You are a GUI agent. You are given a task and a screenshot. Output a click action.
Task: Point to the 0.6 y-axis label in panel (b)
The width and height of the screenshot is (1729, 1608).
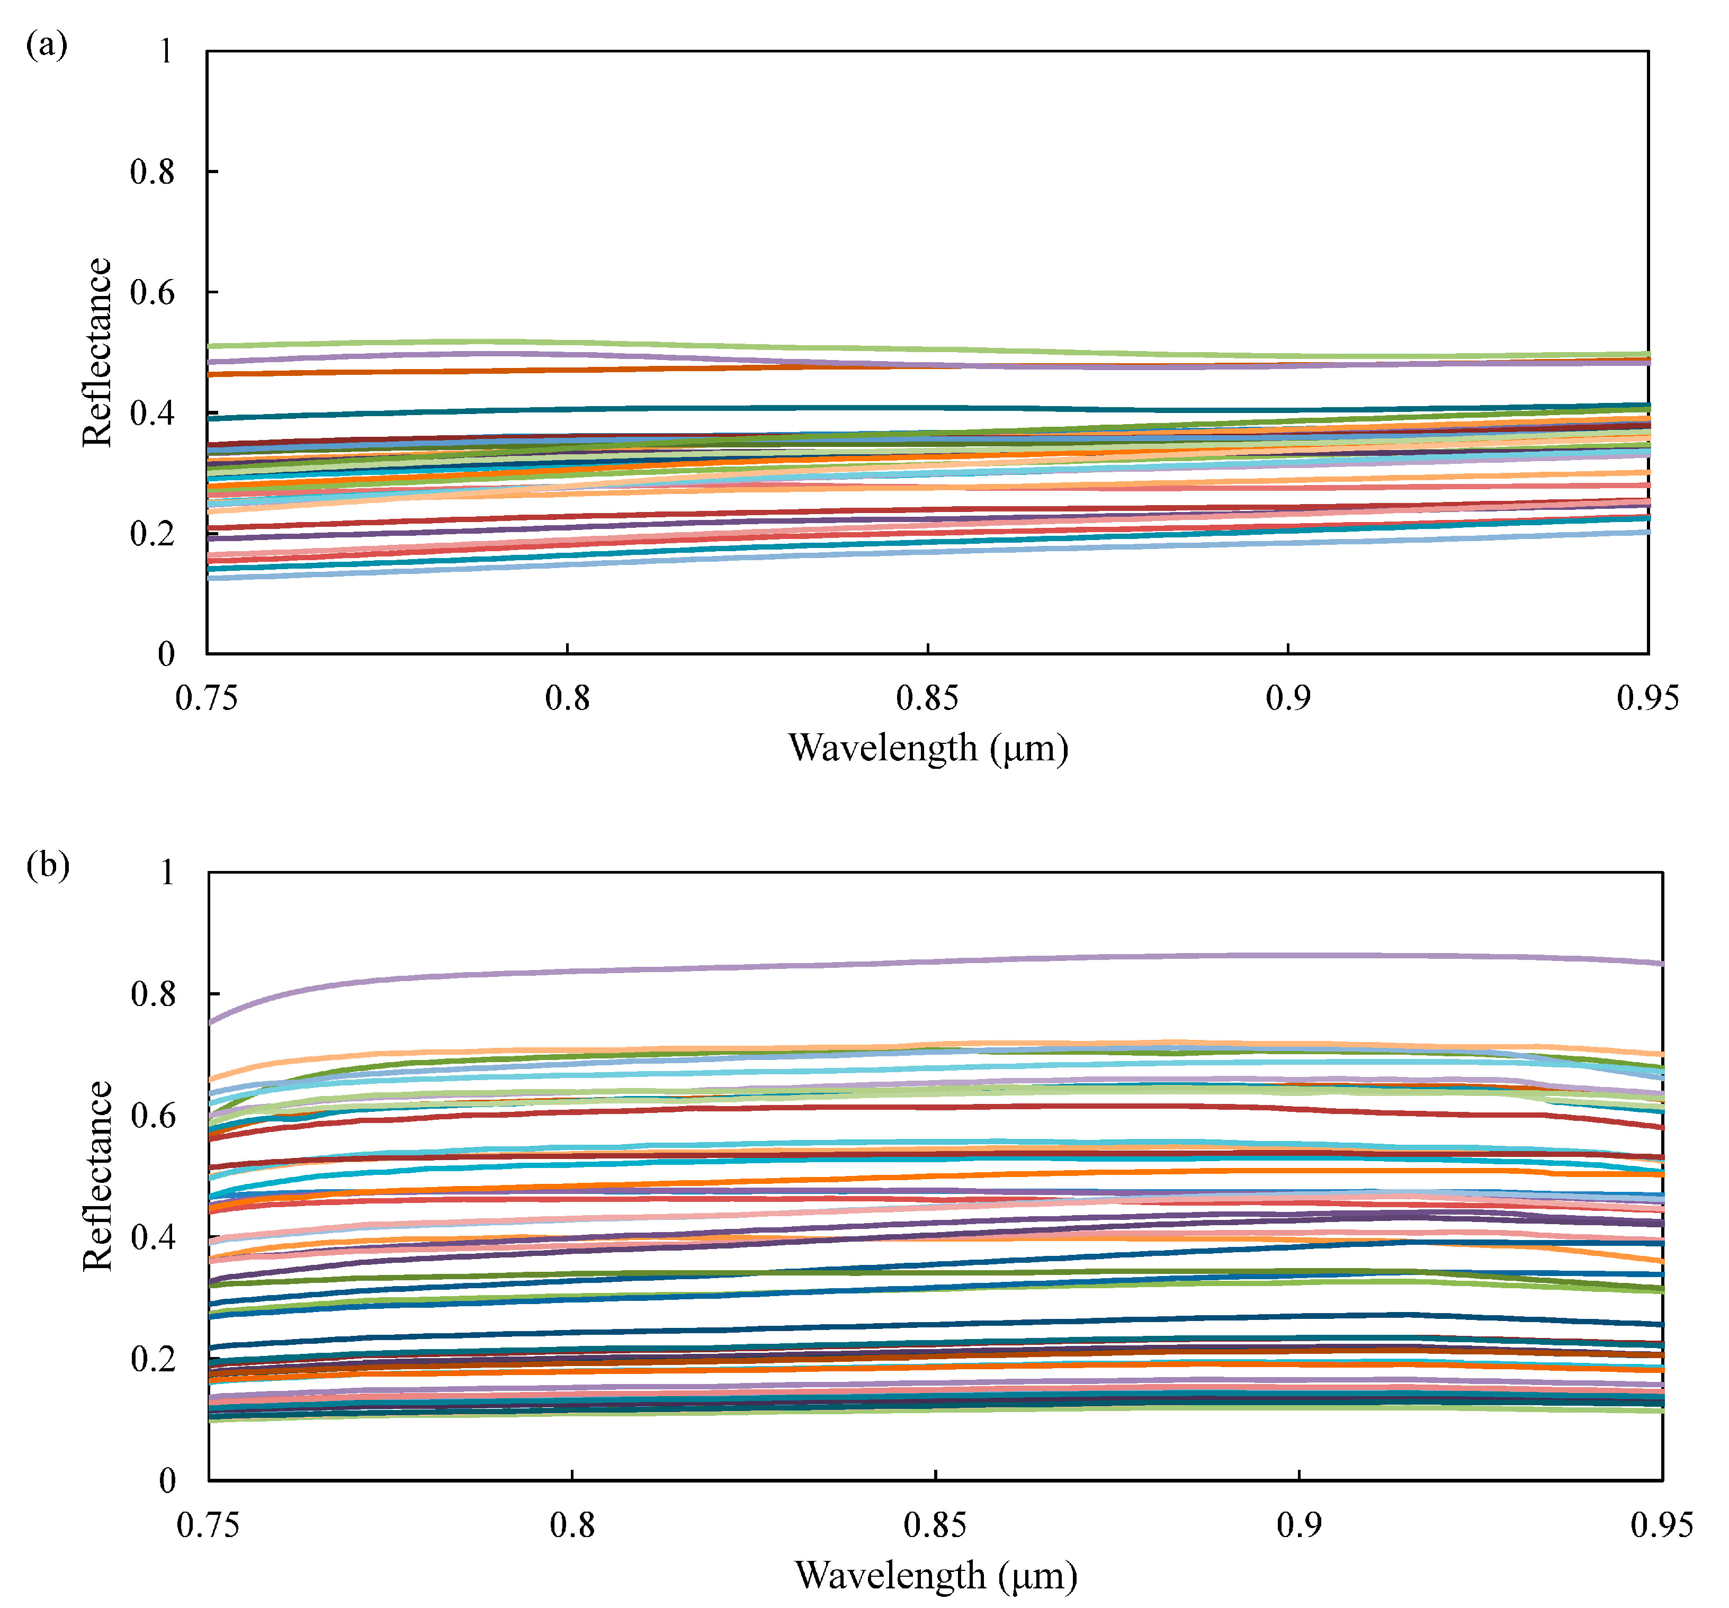click(153, 1116)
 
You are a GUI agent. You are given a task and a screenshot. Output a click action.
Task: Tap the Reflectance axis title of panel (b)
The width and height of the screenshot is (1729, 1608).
click(97, 1176)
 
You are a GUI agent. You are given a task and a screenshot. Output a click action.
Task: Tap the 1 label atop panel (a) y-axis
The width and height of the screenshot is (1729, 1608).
click(165, 52)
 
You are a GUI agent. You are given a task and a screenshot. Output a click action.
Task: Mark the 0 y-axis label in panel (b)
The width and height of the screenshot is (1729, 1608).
click(167, 1480)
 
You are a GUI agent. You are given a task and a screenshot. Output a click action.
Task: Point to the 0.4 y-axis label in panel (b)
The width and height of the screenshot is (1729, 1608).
click(153, 1237)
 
